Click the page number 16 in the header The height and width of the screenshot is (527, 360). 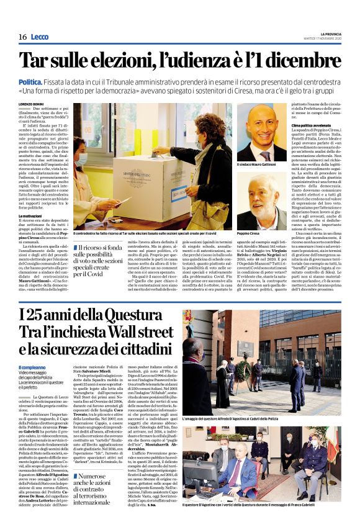click(22, 37)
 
